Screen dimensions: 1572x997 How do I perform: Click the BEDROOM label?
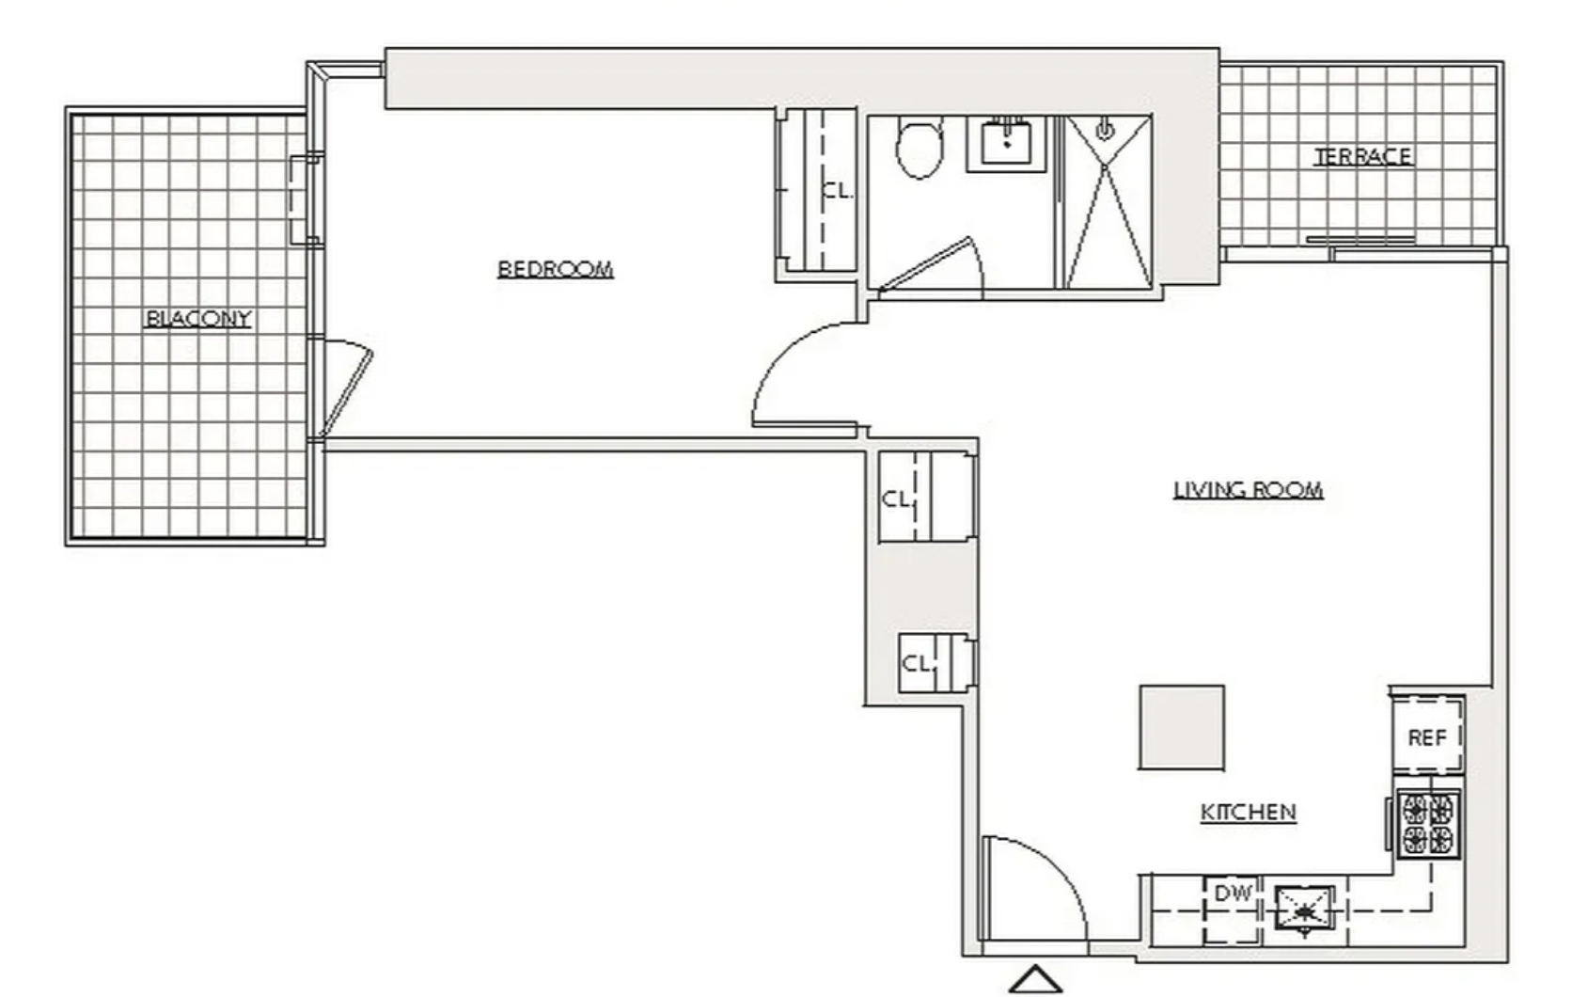tap(555, 269)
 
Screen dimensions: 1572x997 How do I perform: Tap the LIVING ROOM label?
tap(1249, 489)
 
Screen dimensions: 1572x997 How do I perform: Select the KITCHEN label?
tap(1249, 813)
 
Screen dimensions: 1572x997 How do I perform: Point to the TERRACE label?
tap(1363, 156)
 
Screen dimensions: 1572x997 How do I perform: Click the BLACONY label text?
tap(198, 319)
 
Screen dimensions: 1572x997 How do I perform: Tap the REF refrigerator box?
tap(1427, 736)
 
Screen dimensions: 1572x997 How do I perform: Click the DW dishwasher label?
tap(1233, 894)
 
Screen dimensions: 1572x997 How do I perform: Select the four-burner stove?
tap(1427, 824)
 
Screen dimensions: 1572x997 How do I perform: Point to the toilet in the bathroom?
tap(920, 148)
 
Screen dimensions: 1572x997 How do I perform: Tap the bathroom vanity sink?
tap(1006, 143)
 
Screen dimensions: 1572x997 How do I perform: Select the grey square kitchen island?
tap(1182, 727)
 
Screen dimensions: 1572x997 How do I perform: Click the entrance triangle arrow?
tap(1036, 980)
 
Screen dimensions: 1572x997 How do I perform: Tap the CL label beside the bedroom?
tap(838, 191)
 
